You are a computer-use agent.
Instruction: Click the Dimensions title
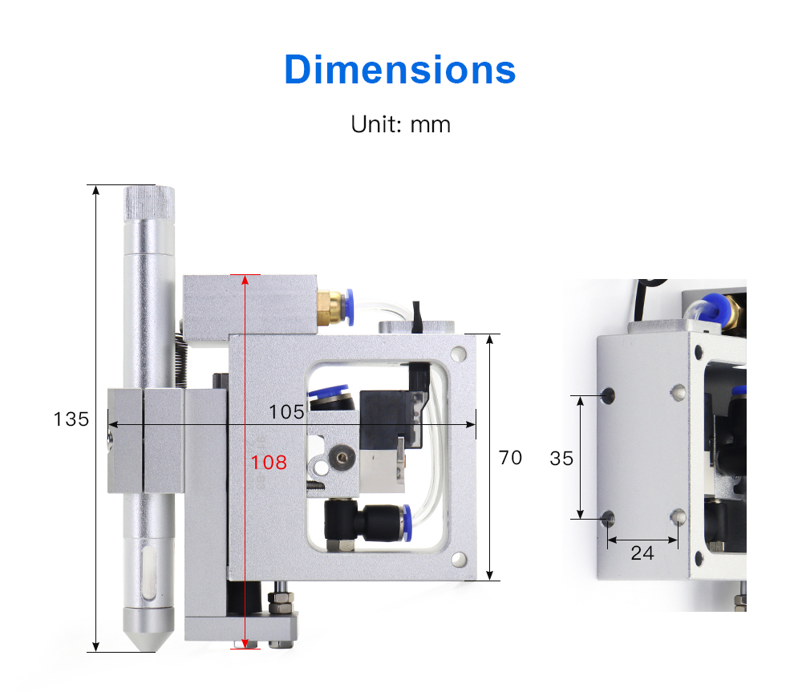coord(400,69)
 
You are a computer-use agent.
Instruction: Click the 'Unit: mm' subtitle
coord(400,124)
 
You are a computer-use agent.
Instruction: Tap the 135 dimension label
coord(71,419)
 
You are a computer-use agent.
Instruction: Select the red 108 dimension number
coord(269,463)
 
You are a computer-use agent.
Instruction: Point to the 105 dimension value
coord(286,411)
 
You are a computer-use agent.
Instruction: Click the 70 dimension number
coord(510,458)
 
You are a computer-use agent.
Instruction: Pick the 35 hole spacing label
coord(561,459)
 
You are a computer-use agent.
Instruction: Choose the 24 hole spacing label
coord(642,553)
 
